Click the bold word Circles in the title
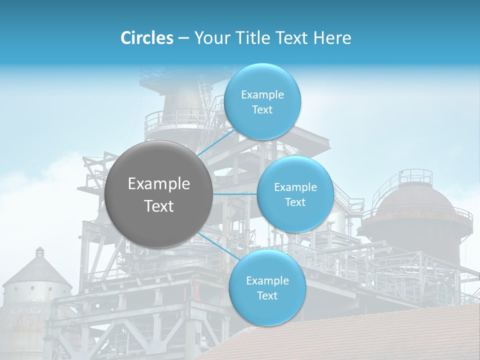point(146,38)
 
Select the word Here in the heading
point(332,38)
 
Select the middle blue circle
point(295,215)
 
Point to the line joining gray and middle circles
point(234,193)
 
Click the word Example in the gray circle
point(158,184)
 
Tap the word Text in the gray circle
point(158,206)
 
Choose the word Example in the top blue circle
point(262,95)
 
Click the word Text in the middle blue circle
point(295,202)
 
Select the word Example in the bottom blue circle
point(267,281)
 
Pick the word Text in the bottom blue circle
point(267,296)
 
